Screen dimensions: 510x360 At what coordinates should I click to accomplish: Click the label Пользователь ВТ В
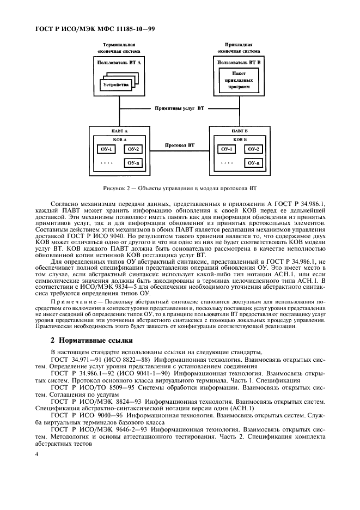[x=239, y=63]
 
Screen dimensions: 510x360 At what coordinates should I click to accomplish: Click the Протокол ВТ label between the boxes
[x=180, y=145]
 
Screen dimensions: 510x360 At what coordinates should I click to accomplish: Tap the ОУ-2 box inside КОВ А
[x=132, y=149]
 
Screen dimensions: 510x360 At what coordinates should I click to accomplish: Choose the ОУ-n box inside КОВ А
[x=132, y=162]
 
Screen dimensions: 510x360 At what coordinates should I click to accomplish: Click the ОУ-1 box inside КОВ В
[x=225, y=149]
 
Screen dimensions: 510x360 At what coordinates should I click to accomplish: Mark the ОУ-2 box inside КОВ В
[x=253, y=149]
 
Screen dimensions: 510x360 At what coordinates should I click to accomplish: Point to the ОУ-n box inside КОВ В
[x=253, y=162]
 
